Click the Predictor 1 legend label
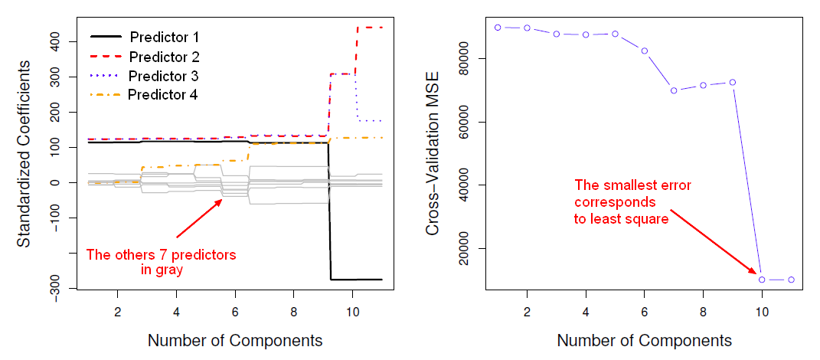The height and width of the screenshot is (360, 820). pos(165,37)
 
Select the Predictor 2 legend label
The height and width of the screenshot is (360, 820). pos(165,57)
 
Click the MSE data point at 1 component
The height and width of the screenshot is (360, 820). pos(498,27)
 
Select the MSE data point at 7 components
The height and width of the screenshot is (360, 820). pos(674,90)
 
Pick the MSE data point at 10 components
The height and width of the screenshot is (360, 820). pos(762,280)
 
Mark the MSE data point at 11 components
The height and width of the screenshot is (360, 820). pos(791,280)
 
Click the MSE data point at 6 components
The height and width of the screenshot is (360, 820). pos(645,51)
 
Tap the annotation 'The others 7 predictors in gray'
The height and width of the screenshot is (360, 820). pos(161,262)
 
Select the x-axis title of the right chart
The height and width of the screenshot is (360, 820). pos(644,340)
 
